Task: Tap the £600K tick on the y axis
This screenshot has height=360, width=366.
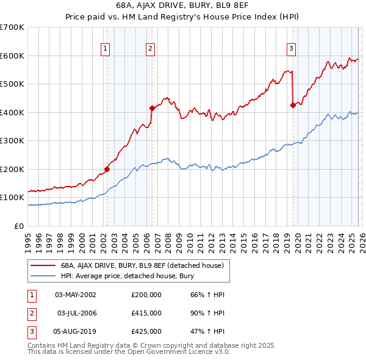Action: pos(12,56)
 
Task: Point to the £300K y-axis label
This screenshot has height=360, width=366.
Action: pos(12,140)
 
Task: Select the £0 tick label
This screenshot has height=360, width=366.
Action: pos(19,226)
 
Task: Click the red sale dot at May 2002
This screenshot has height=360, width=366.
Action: pos(107,169)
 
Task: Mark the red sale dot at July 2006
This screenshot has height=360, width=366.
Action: pos(152,108)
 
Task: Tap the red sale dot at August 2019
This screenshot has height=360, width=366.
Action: pos(293,105)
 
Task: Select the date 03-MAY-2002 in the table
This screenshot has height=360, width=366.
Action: pos(76,295)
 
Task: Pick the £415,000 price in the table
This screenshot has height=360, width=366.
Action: pos(146,313)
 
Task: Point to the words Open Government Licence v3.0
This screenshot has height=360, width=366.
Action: pos(182,352)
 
